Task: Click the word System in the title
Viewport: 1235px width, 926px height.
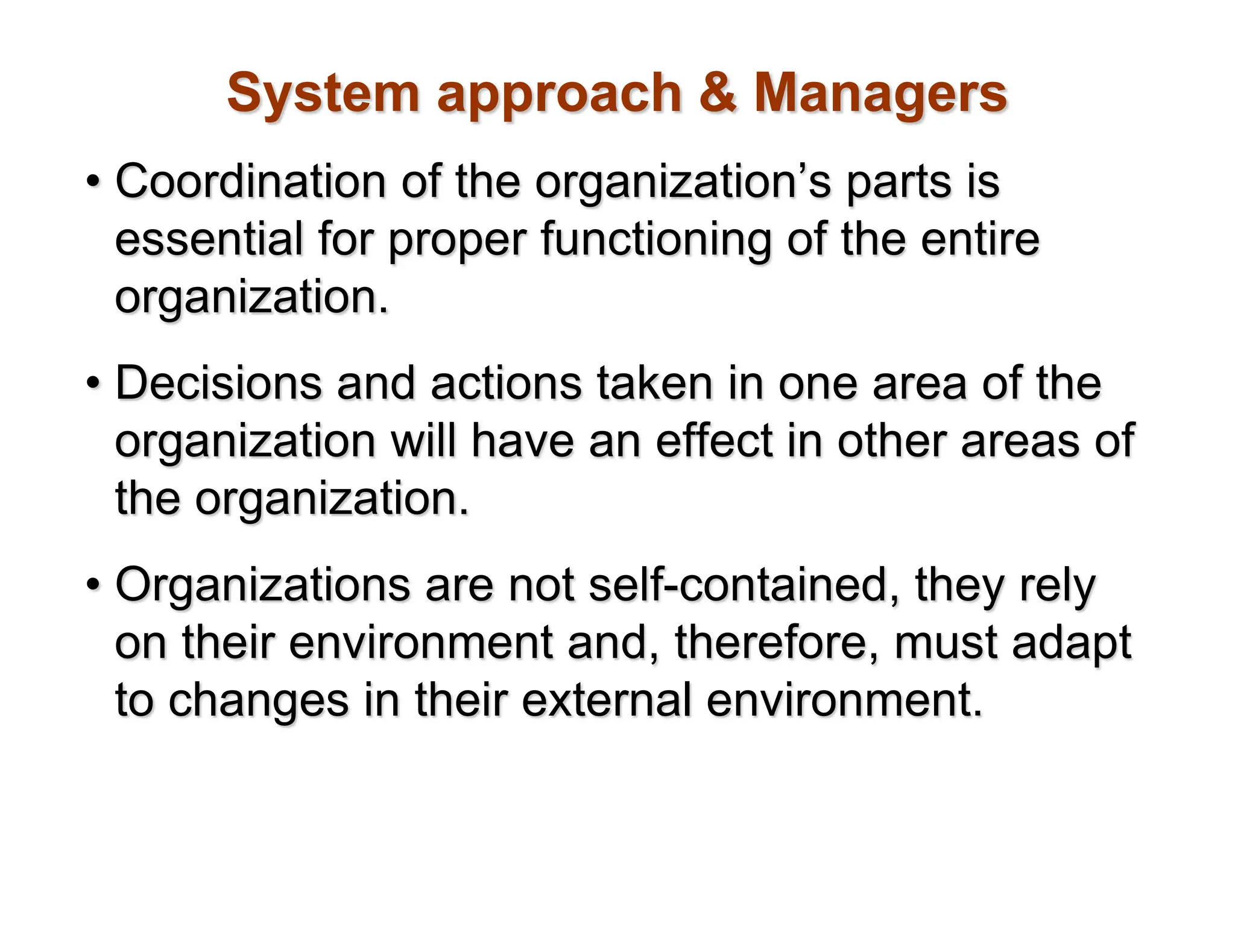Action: [323, 93]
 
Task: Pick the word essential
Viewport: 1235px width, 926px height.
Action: [209, 239]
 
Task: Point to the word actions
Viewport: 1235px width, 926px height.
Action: [506, 383]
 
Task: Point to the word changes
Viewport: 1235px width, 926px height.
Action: [259, 701]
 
